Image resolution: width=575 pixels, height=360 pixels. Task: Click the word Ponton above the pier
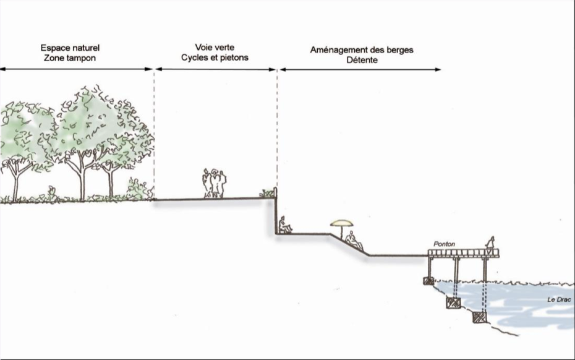click(445, 244)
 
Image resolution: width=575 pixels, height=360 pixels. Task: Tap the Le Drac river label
click(558, 299)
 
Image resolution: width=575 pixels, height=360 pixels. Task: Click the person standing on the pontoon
click(492, 244)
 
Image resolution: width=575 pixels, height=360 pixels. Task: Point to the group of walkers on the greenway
click(215, 184)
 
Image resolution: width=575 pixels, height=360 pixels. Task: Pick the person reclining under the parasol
click(352, 239)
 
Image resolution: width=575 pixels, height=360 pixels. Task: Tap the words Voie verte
click(214, 47)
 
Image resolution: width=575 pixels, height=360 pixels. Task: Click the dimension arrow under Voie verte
click(215, 69)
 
